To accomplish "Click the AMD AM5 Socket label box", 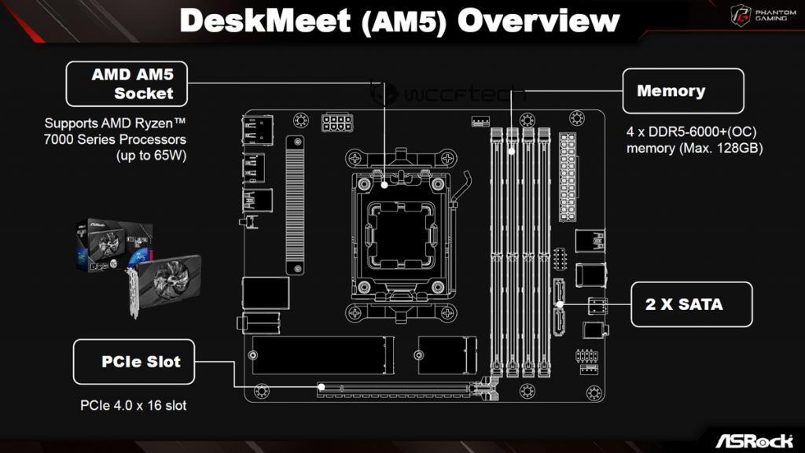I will tap(127, 84).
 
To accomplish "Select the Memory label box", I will tap(682, 91).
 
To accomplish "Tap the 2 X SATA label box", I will tap(692, 304).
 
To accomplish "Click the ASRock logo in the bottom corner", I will tap(754, 439).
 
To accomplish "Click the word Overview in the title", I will tap(538, 21).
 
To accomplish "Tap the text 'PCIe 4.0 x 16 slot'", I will tap(134, 406).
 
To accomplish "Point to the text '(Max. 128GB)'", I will tap(723, 148).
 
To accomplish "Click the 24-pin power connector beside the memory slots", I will tap(568, 178).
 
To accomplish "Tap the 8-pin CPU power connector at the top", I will tap(336, 123).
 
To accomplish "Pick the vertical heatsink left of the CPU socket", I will tap(295, 204).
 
